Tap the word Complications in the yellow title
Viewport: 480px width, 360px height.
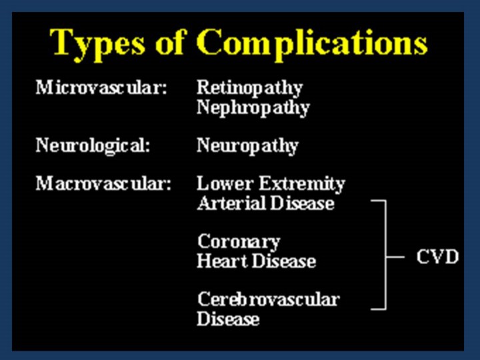pyautogui.click(x=312, y=44)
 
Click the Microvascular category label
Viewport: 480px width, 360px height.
pyautogui.click(x=101, y=87)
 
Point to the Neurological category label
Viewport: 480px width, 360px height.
pyautogui.click(x=93, y=146)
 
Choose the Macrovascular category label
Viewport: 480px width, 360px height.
pyautogui.click(x=103, y=184)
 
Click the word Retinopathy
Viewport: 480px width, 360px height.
pyautogui.click(x=250, y=89)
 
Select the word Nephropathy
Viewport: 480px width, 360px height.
pyautogui.click(x=253, y=109)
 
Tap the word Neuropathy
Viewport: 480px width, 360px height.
pyautogui.click(x=247, y=146)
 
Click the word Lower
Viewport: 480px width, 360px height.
pyautogui.click(x=225, y=184)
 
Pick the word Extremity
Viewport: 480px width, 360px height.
pyautogui.click(x=303, y=185)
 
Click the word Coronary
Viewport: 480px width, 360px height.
pyautogui.click(x=239, y=243)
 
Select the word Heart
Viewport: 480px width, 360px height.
pyautogui.click(x=222, y=261)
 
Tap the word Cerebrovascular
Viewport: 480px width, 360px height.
pyautogui.click(x=269, y=299)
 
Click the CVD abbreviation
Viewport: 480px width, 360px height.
pyautogui.click(x=438, y=257)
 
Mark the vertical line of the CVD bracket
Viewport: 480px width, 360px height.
pyautogui.click(x=385, y=255)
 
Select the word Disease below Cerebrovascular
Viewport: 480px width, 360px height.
pyautogui.click(x=228, y=319)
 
